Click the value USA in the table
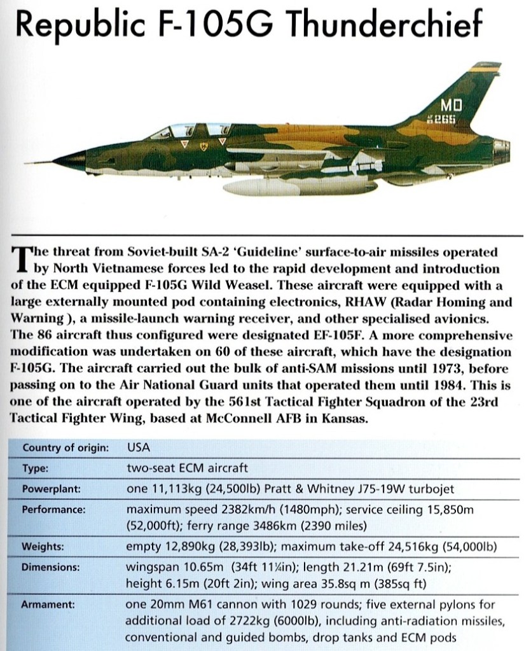(139, 447)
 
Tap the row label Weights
(43, 547)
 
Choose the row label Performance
(53, 510)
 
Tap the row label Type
(36, 468)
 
